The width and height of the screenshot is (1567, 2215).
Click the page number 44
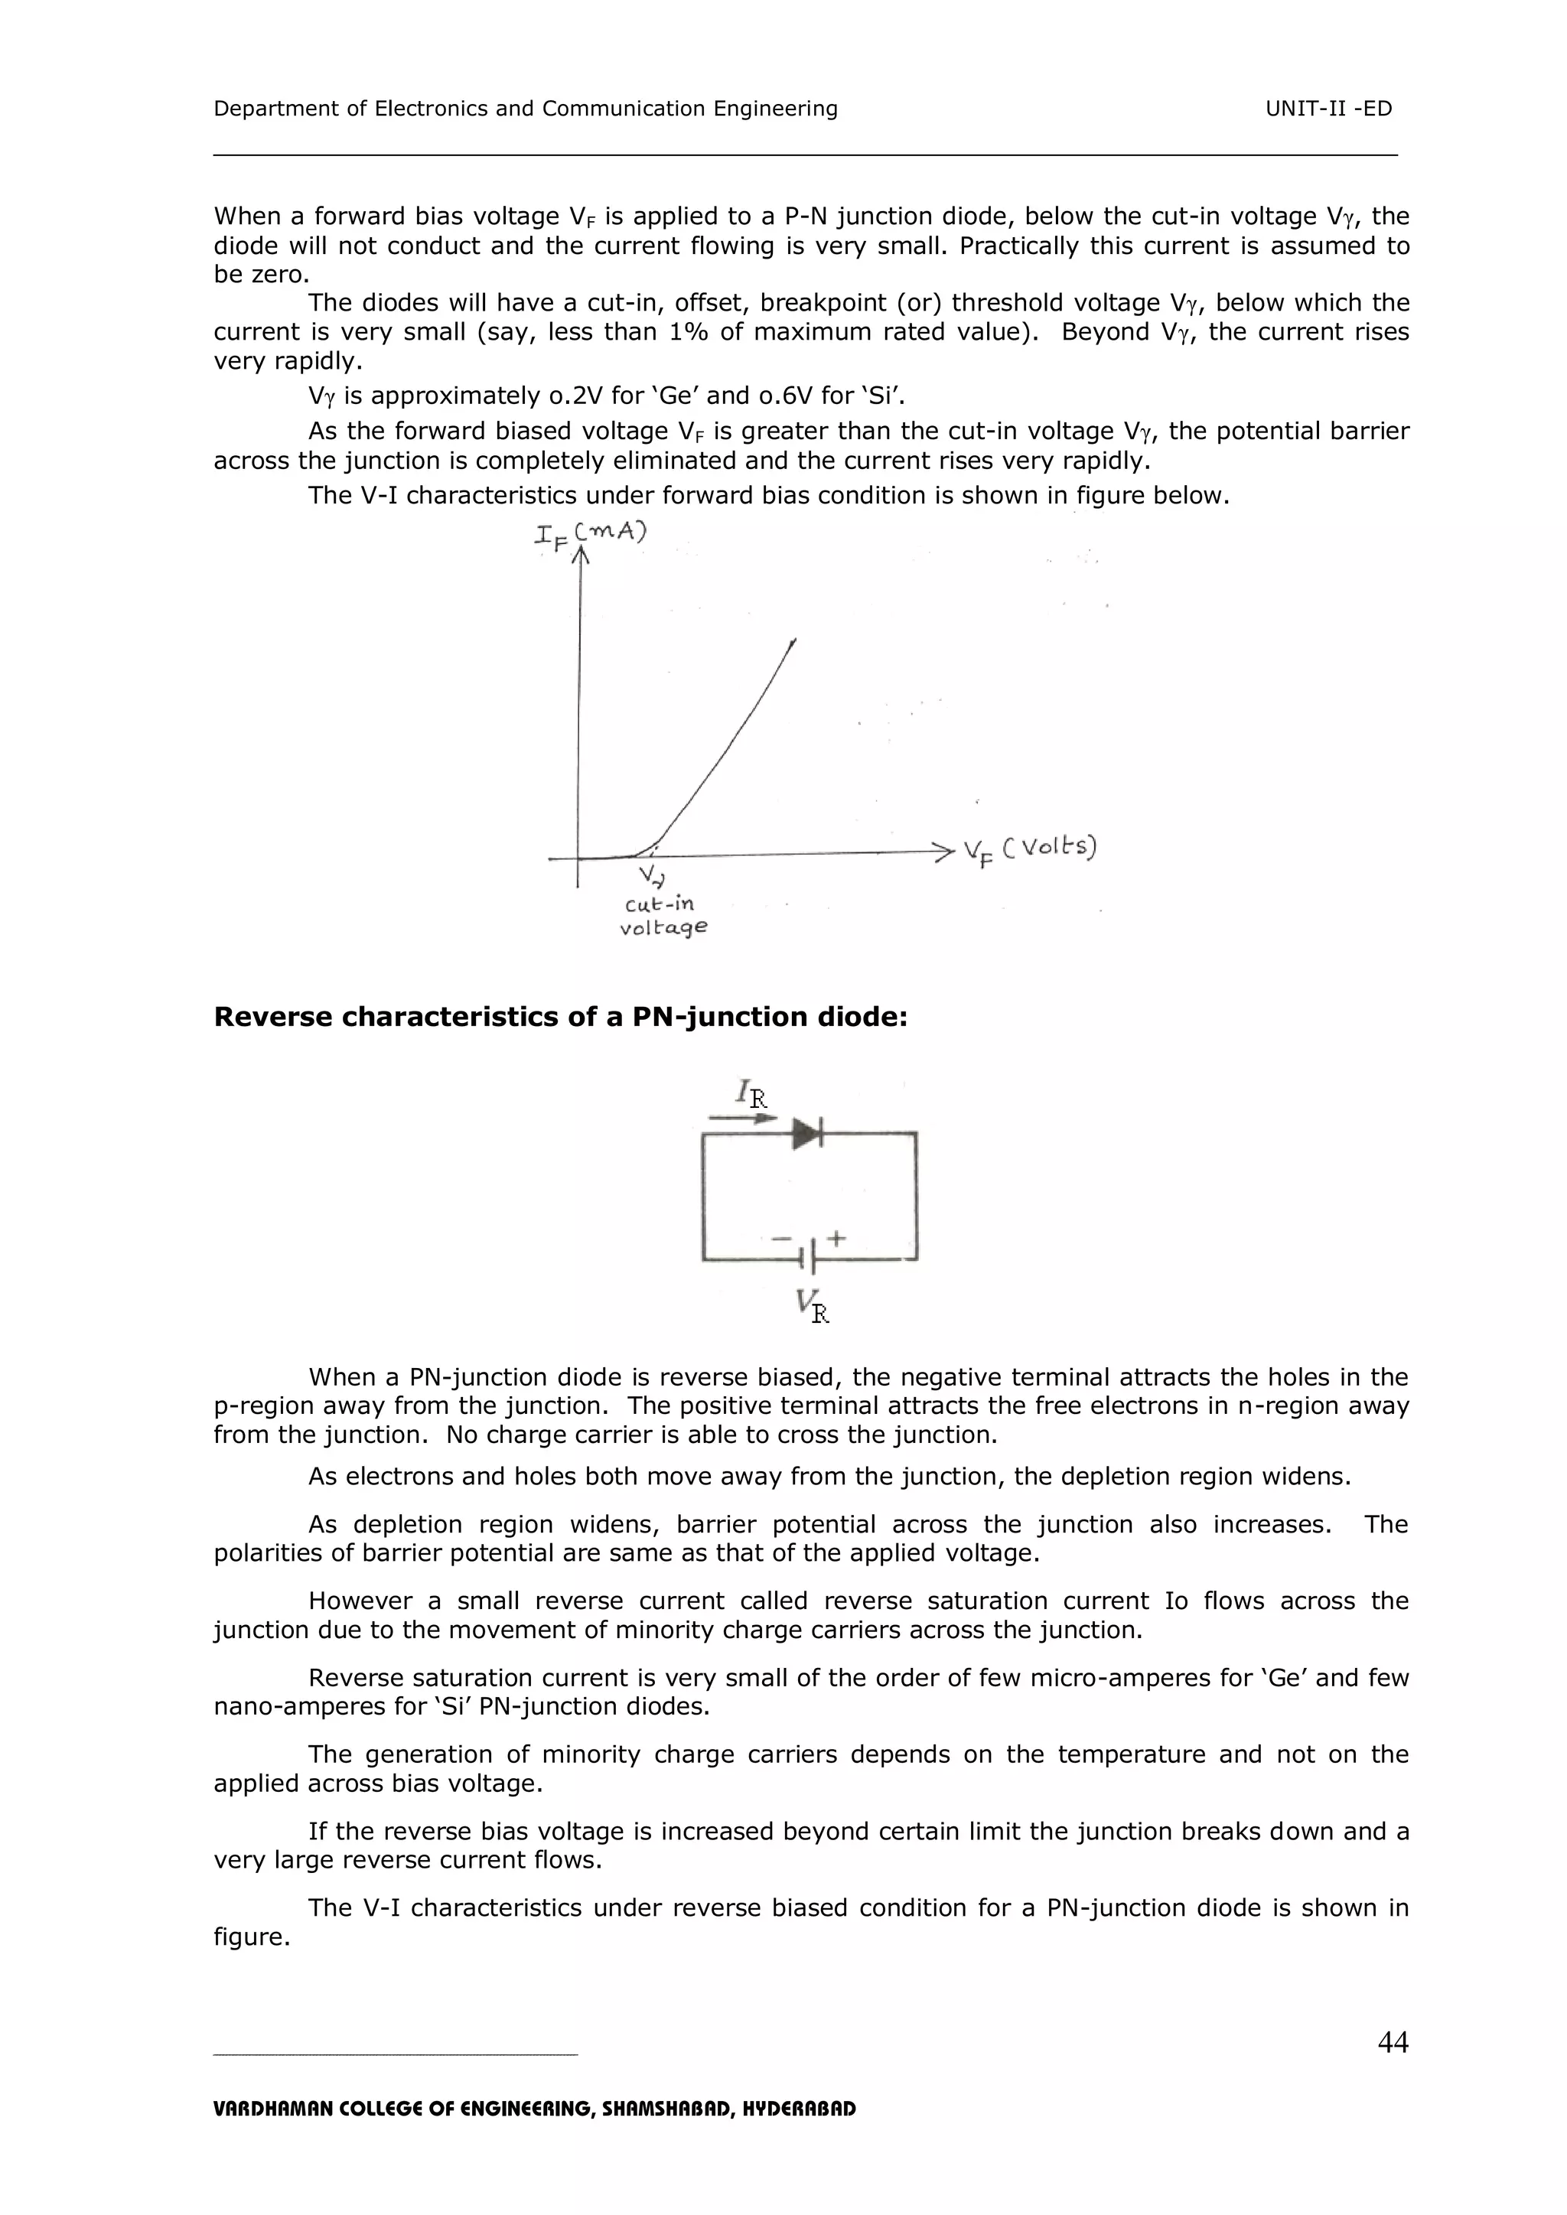1393,2041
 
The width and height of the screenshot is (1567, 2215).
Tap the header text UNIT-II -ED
1329,109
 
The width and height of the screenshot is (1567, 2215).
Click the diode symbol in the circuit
806,1134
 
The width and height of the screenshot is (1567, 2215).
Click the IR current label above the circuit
751,1093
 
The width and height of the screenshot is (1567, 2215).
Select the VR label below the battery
813,1306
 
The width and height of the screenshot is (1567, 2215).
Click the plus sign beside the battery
836,1238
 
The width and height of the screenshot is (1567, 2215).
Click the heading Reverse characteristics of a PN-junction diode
561,1017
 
